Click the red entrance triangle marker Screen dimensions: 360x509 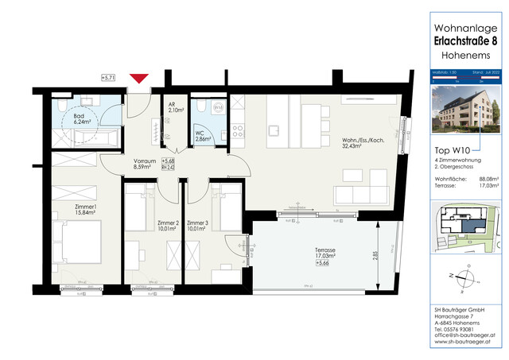click(139, 78)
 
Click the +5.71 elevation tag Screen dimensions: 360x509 click(110, 77)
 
